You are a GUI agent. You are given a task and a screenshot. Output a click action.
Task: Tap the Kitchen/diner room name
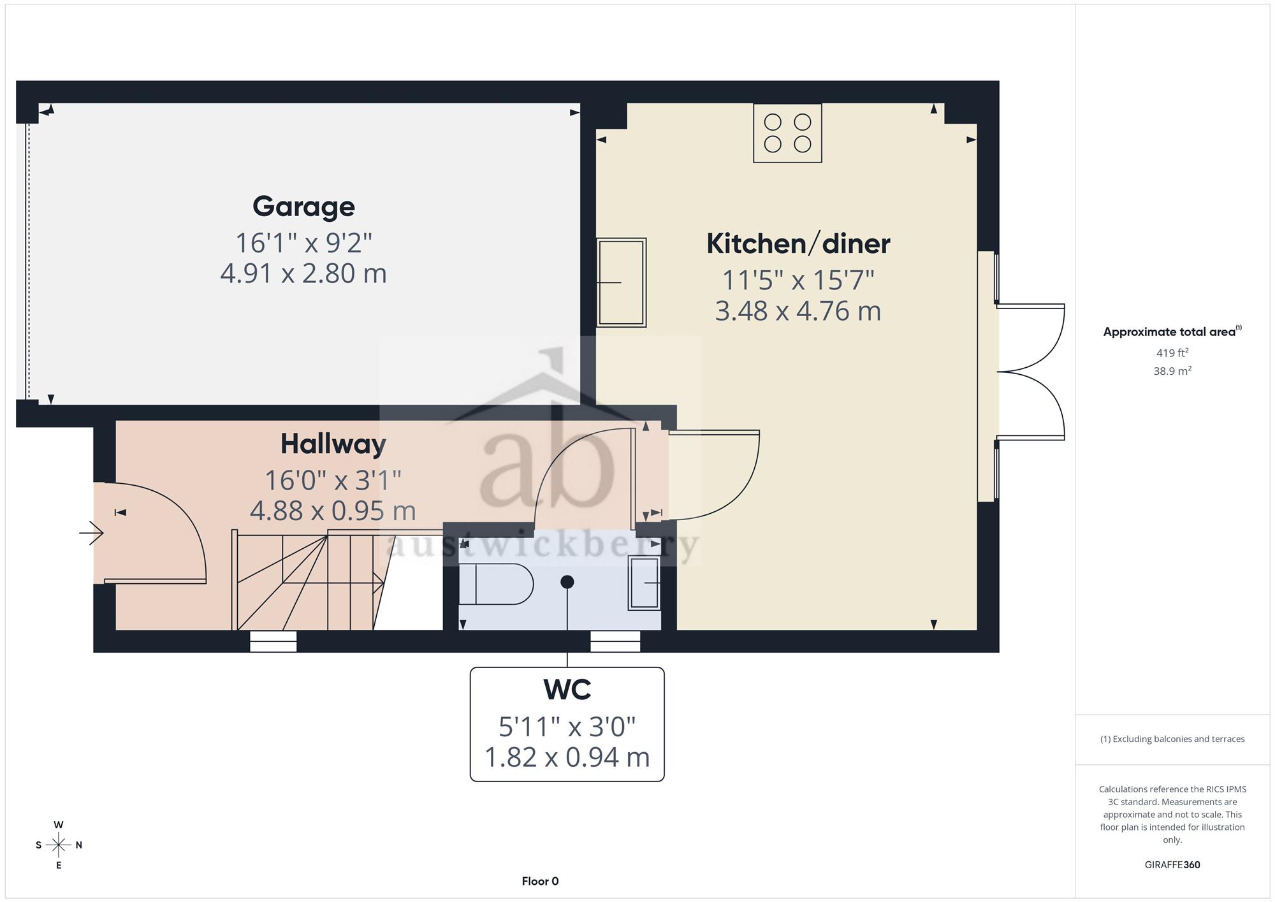tap(798, 244)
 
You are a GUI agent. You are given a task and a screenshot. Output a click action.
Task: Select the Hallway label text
tap(333, 444)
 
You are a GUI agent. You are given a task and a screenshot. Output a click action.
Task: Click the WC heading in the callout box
tap(567, 689)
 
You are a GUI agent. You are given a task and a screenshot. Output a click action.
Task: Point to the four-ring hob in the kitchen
tap(787, 133)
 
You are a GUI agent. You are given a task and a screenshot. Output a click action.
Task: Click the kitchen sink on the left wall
tap(622, 282)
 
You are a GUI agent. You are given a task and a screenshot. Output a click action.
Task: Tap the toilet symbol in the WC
tap(496, 583)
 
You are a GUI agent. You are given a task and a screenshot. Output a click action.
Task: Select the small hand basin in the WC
tap(645, 583)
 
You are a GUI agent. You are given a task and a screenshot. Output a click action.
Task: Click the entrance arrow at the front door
tap(91, 533)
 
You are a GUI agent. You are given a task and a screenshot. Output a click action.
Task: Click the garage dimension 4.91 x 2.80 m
tap(303, 273)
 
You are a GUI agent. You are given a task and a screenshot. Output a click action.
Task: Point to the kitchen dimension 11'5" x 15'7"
tap(798, 280)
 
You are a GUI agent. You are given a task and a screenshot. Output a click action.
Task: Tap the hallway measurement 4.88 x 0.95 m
tap(333, 511)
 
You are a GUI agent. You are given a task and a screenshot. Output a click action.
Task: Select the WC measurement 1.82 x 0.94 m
tap(567, 757)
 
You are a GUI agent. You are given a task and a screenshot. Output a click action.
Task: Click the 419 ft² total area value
tap(1172, 353)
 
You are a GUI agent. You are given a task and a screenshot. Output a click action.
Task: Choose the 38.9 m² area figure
tap(1172, 370)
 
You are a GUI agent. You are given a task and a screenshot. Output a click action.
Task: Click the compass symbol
tap(59, 845)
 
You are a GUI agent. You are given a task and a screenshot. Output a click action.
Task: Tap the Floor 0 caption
tap(540, 881)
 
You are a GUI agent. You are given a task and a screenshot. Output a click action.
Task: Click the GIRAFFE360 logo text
tap(1172, 865)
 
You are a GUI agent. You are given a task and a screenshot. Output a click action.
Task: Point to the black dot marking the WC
tap(567, 581)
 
